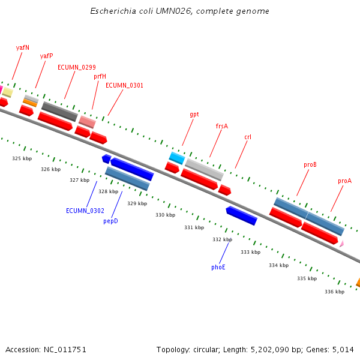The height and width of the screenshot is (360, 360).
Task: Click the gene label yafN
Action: point(23,47)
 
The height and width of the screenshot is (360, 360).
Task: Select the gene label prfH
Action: point(100,76)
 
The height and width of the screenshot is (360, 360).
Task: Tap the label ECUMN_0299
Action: point(76,67)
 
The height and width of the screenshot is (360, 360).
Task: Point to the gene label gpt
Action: point(194,114)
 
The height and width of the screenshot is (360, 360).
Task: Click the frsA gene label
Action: point(221,126)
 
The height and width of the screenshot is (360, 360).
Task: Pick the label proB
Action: point(310,164)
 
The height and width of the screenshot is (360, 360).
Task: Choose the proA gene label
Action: point(344,181)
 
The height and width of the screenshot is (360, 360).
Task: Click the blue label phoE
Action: point(218,267)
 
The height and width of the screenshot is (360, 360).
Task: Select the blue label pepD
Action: point(110,221)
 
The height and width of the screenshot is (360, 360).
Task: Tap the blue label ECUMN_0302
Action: point(85,211)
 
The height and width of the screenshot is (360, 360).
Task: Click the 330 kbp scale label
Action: point(166,215)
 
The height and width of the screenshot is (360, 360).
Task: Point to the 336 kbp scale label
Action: point(334,292)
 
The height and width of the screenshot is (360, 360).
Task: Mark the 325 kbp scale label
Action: point(22,159)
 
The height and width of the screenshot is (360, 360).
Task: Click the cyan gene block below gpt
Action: point(177,158)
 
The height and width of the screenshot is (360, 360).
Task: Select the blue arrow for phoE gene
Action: point(241,215)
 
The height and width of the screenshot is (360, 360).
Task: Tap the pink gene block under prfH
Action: point(87,122)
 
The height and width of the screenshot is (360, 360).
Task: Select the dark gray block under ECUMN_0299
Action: point(59,110)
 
